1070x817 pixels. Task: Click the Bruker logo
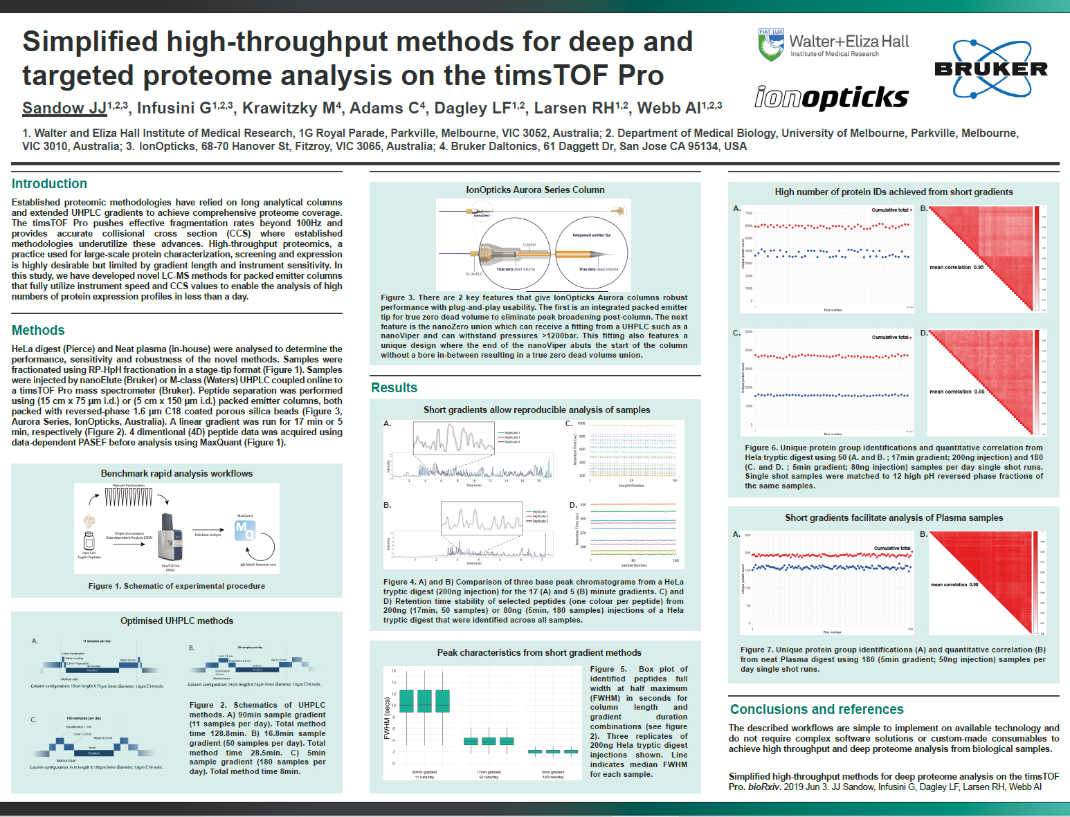tap(990, 68)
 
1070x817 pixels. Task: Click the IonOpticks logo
tap(831, 98)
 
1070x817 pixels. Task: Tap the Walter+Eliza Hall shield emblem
tap(770, 45)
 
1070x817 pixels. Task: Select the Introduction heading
tap(49, 183)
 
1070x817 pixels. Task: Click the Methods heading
tap(38, 330)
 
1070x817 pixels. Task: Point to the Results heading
tap(394, 387)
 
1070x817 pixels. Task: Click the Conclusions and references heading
tap(817, 709)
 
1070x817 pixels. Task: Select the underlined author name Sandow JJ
tap(64, 108)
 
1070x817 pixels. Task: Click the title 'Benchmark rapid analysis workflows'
tap(176, 473)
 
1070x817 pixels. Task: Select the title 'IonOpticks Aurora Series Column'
tap(535, 190)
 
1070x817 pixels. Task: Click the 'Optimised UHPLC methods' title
tap(176, 621)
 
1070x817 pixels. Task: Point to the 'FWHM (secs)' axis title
tap(387, 717)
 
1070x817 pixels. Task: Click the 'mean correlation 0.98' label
tap(954, 585)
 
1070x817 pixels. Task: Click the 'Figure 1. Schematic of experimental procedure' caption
tap(176, 586)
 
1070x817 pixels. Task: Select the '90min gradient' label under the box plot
tap(424, 772)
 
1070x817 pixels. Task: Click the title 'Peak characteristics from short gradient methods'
tap(539, 652)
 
